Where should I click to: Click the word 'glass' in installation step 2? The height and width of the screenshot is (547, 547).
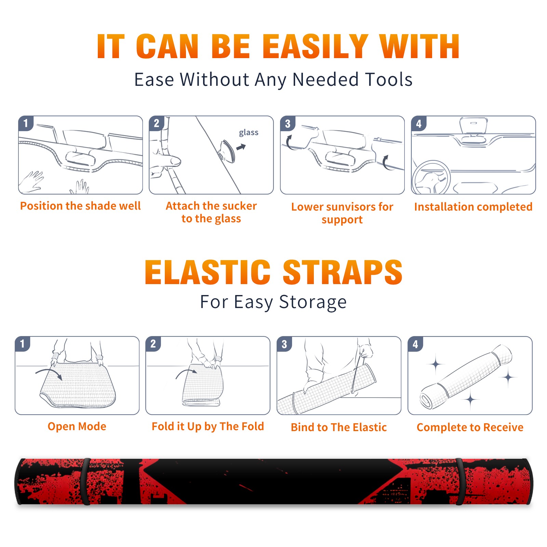(249, 133)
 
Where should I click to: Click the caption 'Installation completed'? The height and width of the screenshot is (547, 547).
(473, 207)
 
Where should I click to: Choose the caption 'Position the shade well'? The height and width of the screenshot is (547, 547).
(80, 206)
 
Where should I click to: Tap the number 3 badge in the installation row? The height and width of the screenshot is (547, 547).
(287, 123)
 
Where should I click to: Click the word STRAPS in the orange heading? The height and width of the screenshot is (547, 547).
(343, 272)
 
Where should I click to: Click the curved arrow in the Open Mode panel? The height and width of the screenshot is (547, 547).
(49, 373)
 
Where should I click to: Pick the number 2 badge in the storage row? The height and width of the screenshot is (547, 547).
(153, 344)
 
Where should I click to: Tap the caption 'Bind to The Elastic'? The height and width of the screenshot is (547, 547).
(339, 427)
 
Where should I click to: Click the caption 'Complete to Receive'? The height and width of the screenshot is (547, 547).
(470, 427)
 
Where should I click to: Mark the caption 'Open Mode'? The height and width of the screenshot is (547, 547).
(77, 426)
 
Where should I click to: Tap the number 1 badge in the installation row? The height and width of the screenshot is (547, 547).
(26, 123)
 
